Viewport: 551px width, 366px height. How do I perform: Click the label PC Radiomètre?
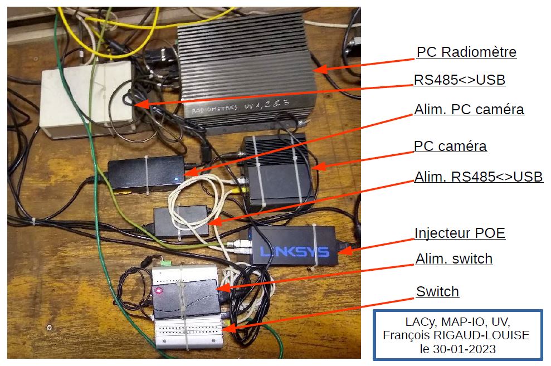(x=466, y=52)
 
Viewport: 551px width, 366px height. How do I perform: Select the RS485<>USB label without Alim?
(x=460, y=80)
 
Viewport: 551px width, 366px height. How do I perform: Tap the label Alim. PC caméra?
(x=469, y=109)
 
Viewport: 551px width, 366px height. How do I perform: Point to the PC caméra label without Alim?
(x=450, y=146)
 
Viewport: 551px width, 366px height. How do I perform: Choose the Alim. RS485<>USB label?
(x=479, y=177)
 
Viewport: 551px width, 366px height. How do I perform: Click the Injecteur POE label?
(x=460, y=233)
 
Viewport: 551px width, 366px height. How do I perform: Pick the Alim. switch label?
(x=454, y=259)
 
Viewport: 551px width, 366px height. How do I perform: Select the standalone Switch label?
(x=437, y=291)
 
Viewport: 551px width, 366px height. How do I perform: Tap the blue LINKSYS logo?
(x=295, y=251)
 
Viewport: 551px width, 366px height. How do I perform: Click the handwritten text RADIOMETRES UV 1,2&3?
(x=240, y=106)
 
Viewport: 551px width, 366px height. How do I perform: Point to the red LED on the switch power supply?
(x=158, y=290)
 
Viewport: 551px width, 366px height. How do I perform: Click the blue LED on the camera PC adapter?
(x=177, y=179)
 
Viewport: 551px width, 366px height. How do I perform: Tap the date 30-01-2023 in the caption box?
(x=464, y=349)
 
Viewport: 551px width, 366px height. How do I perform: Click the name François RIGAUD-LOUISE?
(x=456, y=335)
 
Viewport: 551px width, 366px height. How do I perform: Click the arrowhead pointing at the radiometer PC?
(x=320, y=68)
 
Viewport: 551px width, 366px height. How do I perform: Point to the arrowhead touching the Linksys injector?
(x=345, y=250)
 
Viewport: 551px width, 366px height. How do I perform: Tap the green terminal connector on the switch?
(x=165, y=262)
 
